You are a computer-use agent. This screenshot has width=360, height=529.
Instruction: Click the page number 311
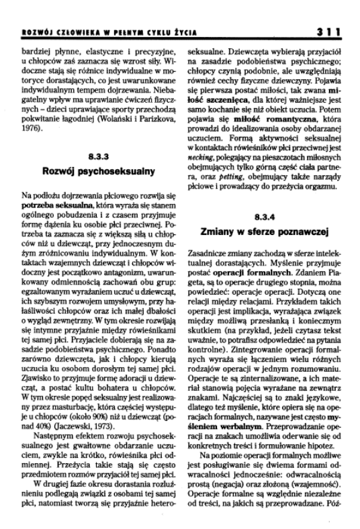coord(330,30)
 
